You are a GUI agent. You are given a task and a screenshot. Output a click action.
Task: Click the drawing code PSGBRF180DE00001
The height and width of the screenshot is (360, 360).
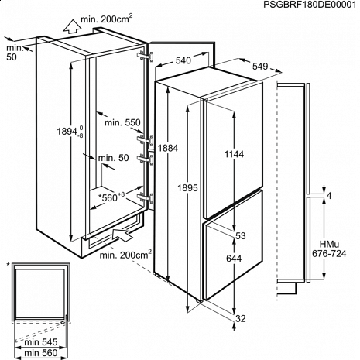310,5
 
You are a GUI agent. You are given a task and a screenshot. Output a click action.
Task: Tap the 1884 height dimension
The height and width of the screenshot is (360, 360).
168,148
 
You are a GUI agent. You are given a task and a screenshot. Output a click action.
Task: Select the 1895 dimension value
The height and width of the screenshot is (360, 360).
187,188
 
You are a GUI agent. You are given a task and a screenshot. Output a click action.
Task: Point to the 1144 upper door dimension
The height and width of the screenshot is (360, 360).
234,154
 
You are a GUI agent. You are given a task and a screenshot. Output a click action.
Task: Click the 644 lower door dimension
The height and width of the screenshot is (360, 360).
234,259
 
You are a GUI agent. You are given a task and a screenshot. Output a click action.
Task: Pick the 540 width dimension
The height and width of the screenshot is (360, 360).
183,60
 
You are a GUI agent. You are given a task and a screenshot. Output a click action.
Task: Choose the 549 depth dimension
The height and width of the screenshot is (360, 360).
260,67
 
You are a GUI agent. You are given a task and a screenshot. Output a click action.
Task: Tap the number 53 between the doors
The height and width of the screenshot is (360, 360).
241,235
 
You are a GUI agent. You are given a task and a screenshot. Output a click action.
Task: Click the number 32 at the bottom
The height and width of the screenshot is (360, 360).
241,319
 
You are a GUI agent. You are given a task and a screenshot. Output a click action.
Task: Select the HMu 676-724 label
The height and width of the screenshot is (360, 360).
329,249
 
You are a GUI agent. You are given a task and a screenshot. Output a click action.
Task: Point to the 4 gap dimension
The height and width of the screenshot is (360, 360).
329,196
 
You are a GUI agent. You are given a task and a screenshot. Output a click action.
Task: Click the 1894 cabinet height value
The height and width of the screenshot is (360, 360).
70,132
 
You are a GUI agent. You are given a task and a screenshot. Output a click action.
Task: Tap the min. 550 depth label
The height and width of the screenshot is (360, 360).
122,122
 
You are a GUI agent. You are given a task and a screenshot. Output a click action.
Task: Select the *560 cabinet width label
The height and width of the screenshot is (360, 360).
111,197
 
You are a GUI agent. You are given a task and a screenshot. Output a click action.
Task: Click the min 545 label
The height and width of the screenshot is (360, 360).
41,342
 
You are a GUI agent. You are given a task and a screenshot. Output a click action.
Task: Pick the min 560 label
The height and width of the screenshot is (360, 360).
41,353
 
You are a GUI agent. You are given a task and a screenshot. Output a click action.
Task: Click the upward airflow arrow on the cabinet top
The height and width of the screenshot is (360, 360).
71,26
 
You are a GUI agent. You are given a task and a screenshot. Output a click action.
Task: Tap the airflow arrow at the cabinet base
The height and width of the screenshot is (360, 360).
122,235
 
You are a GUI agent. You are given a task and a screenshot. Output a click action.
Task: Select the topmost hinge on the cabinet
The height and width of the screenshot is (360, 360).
146,57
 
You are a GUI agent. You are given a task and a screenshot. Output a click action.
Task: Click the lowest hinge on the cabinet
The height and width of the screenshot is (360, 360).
146,198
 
